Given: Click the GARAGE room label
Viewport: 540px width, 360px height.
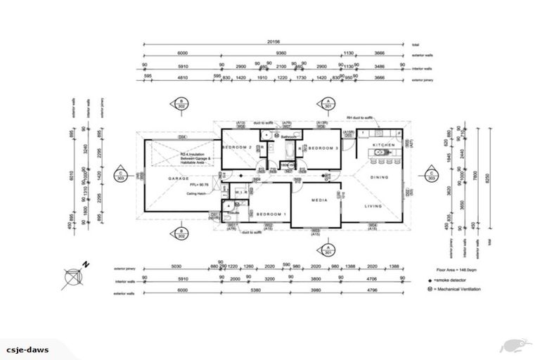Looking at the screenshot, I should [178, 179].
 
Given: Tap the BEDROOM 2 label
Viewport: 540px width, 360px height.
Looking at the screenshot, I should [237, 148].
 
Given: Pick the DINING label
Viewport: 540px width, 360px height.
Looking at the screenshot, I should [379, 177].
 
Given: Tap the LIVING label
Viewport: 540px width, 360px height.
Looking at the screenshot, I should [373, 206].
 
